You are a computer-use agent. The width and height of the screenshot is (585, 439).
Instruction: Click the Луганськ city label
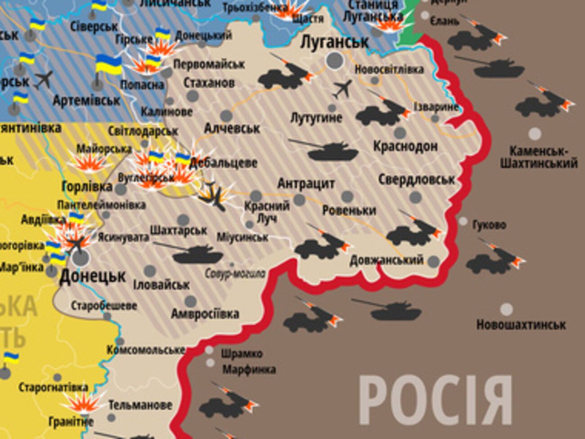[x=334, y=42]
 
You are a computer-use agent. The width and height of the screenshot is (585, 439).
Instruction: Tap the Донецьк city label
[x=92, y=276]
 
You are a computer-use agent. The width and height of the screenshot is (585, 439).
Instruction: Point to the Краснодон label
[x=405, y=146]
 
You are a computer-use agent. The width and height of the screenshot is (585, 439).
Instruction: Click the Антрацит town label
[x=306, y=184]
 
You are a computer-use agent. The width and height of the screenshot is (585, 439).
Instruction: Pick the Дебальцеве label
[x=223, y=163]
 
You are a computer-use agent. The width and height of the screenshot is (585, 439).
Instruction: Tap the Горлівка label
[x=87, y=186]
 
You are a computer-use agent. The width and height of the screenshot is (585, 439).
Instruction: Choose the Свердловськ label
[x=416, y=180]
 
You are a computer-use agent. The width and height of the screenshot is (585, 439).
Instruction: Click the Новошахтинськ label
[x=521, y=325]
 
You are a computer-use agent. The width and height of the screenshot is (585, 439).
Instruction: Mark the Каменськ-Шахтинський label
[x=538, y=157]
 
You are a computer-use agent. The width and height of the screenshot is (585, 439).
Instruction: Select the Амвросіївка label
[x=205, y=314]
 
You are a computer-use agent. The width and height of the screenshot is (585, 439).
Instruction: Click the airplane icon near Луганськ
[x=342, y=89]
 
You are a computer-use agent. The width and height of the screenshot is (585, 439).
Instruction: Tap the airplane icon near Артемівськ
[x=44, y=80]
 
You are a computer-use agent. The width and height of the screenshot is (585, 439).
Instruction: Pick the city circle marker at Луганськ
[x=334, y=60]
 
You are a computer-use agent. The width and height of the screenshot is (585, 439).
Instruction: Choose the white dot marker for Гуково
[x=463, y=222]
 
